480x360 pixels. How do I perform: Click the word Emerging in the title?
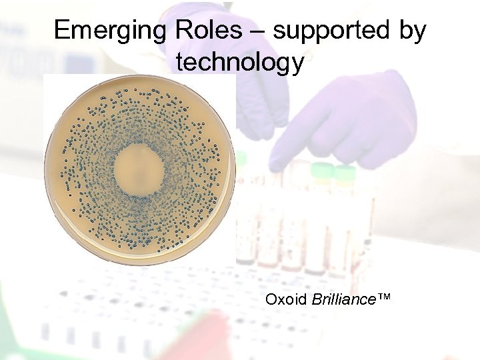(109, 31)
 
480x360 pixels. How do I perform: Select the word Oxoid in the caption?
(286, 299)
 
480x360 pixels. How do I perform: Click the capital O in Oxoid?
(271, 299)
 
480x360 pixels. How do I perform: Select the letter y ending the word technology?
(297, 65)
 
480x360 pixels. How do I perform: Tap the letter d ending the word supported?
(387, 31)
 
